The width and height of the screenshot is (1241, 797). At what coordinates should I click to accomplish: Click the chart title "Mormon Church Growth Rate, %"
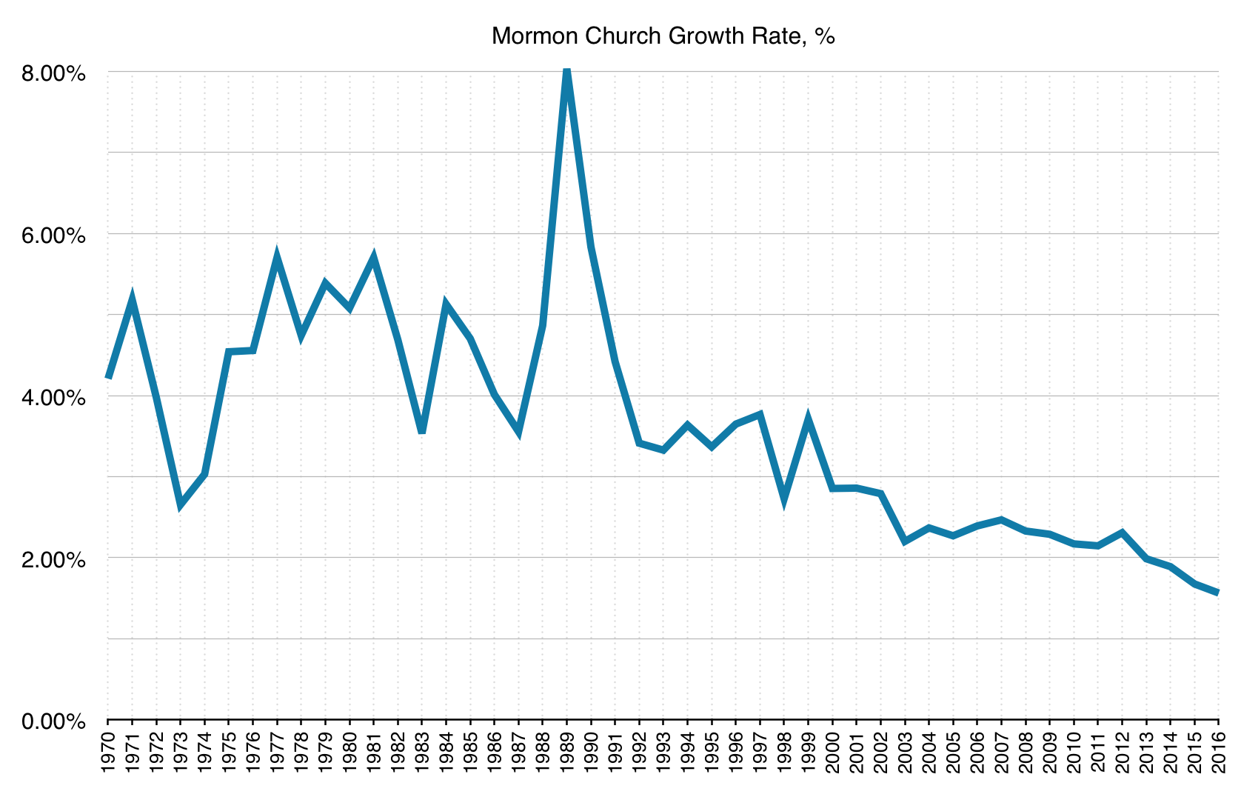point(663,36)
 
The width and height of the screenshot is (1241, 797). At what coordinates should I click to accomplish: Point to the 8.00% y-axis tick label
point(54,73)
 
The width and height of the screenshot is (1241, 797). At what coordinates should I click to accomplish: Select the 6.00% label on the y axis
point(54,236)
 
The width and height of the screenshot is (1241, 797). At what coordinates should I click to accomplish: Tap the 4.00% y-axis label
point(54,398)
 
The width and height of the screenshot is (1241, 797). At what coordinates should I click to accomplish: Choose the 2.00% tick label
point(54,559)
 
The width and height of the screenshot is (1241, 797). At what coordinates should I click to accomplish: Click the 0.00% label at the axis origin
point(54,721)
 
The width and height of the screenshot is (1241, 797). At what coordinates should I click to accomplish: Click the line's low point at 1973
point(180,505)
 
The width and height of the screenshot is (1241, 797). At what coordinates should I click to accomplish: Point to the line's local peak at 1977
point(277,256)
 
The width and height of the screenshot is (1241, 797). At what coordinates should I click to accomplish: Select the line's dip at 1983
point(422,431)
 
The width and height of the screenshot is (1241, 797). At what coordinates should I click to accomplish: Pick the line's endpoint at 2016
point(1218,593)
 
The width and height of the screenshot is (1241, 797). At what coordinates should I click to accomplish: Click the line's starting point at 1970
point(108,378)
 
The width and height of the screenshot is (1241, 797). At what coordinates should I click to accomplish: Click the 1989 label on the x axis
point(567,753)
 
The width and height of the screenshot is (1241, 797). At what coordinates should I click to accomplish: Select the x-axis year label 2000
point(833,753)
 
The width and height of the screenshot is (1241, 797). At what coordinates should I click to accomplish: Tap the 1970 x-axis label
point(108,753)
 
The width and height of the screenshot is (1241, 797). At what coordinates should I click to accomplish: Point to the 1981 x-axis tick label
point(374,753)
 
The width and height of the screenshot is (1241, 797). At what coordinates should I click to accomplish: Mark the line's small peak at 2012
point(1123,533)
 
